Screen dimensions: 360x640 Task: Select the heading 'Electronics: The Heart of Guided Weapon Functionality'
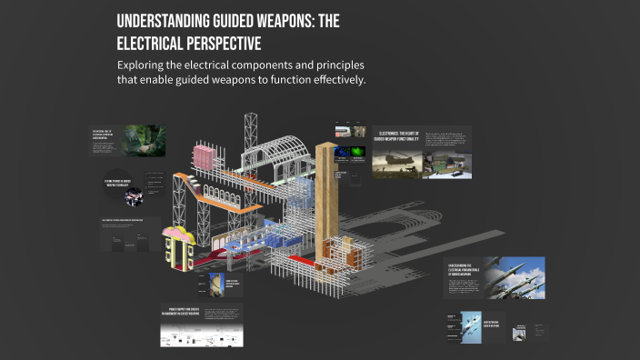pos(396,138)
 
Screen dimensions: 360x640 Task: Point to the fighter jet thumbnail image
pos(471,325)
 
